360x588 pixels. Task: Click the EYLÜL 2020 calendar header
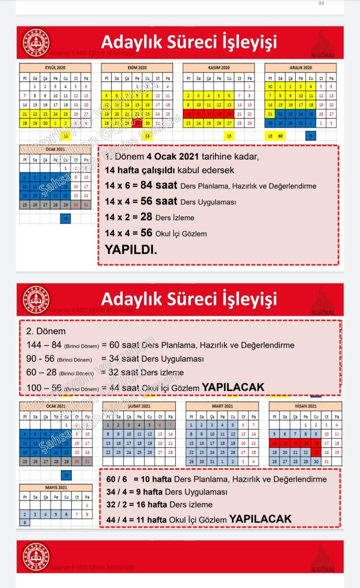pyautogui.click(x=55, y=68)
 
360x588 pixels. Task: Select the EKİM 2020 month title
pyautogui.click(x=137, y=68)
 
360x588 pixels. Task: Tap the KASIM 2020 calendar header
pyautogui.click(x=219, y=68)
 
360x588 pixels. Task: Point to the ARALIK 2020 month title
pyautogui.click(x=300, y=68)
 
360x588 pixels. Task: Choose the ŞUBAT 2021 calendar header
pyautogui.click(x=139, y=406)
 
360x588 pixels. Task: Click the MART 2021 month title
pyautogui.click(x=222, y=406)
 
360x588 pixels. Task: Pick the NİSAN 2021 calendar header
pyautogui.click(x=305, y=406)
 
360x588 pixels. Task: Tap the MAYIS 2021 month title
pyautogui.click(x=56, y=488)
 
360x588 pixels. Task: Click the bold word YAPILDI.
pyautogui.click(x=131, y=250)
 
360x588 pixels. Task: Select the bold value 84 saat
pyautogui.click(x=159, y=185)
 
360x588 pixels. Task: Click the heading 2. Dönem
pyautogui.click(x=46, y=331)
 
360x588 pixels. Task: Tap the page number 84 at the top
pyautogui.click(x=321, y=3)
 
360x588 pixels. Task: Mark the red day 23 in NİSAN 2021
pyautogui.click(x=316, y=452)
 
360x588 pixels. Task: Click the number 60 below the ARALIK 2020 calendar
pyautogui.click(x=280, y=136)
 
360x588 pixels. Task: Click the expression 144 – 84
pyautogui.click(x=44, y=345)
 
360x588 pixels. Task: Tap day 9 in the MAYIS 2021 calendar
pyautogui.click(x=25, y=522)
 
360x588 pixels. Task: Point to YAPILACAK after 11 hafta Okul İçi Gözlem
pyautogui.click(x=260, y=519)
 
